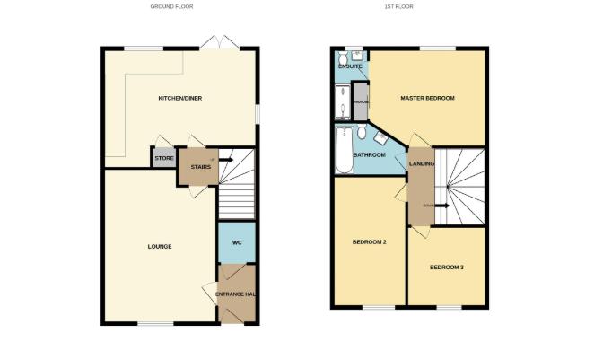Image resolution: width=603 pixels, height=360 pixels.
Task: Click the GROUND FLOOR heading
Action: click(x=170, y=6)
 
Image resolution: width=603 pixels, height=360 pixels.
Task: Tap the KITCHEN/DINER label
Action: click(x=179, y=98)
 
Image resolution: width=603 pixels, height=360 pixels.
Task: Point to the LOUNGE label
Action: click(x=160, y=246)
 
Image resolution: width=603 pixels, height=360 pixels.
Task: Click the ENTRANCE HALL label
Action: click(x=237, y=294)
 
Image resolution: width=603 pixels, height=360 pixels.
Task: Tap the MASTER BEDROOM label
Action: click(x=427, y=98)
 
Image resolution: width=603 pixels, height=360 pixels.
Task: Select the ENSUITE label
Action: click(x=350, y=66)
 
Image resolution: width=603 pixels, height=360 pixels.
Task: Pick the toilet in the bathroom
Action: click(x=362, y=134)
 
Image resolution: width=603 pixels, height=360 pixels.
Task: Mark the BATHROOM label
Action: click(x=369, y=155)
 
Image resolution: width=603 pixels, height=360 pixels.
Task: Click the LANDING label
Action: click(x=422, y=163)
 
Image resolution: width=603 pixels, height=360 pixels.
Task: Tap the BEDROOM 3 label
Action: click(x=447, y=268)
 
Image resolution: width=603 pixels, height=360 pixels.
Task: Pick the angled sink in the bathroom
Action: click(x=381, y=137)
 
